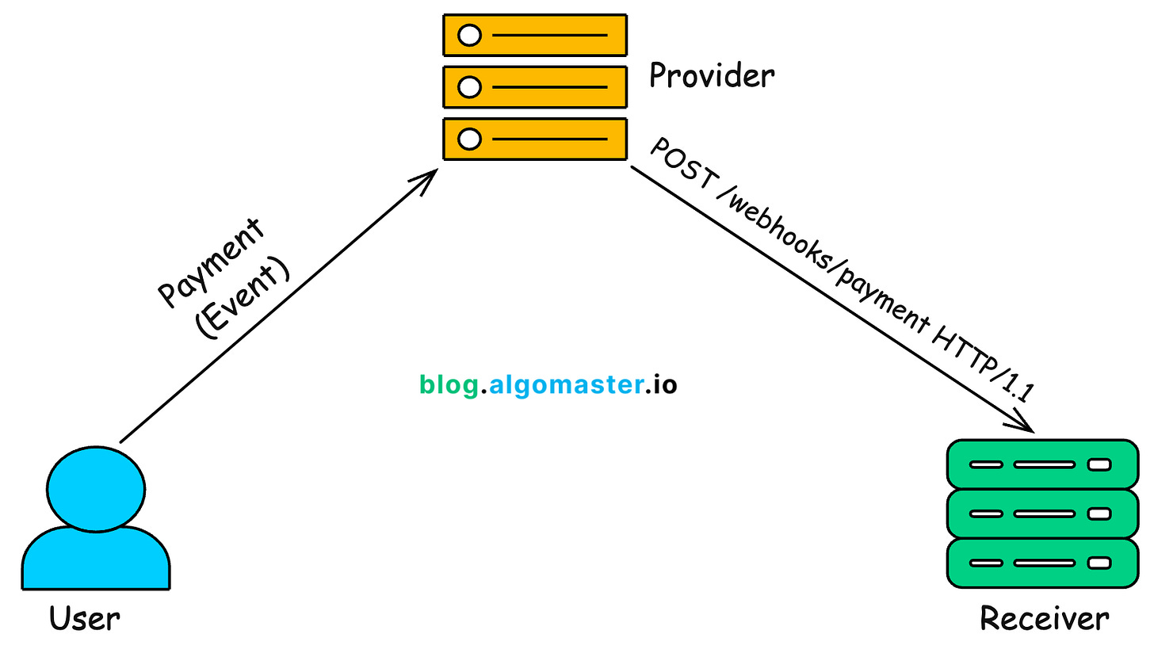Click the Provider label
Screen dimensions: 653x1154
point(711,77)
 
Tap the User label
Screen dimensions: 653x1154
point(85,618)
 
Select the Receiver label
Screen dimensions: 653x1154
point(1044,618)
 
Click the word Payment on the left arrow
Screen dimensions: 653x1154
point(211,262)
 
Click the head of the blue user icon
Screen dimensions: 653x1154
point(96,486)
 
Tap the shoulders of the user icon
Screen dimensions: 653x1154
point(96,558)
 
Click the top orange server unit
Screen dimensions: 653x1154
point(535,35)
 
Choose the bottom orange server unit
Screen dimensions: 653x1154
point(535,139)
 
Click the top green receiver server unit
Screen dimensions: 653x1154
point(1042,464)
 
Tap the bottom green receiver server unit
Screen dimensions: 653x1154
point(1042,563)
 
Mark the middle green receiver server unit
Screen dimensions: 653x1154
point(1042,514)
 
